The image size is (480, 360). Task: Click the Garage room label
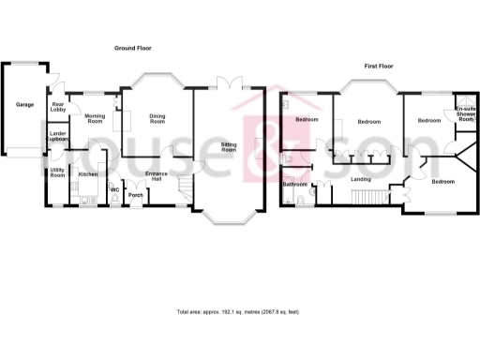click(24, 104)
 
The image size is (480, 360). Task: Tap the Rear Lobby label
click(58, 108)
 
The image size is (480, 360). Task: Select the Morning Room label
click(95, 118)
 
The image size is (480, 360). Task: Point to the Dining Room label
click(157, 119)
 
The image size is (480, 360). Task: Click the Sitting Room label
click(229, 147)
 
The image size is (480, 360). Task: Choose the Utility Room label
click(57, 173)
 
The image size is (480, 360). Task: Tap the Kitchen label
click(88, 174)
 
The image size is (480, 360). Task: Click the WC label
click(114, 189)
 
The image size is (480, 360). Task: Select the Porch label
click(134, 195)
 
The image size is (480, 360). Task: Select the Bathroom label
click(295, 184)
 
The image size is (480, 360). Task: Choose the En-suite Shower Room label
click(465, 114)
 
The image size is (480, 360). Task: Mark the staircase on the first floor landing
click(367, 196)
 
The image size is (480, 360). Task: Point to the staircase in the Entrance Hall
click(185, 187)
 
